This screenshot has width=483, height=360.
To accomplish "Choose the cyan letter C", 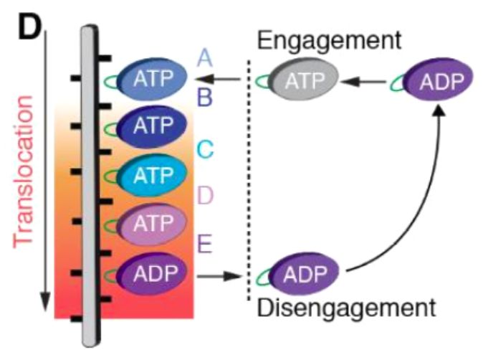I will [x=206, y=150].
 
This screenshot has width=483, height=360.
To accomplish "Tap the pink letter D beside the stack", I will [x=206, y=196].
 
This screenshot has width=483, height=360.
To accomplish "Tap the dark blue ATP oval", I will [x=153, y=127].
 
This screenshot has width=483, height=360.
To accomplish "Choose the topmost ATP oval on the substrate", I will [x=153, y=79].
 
